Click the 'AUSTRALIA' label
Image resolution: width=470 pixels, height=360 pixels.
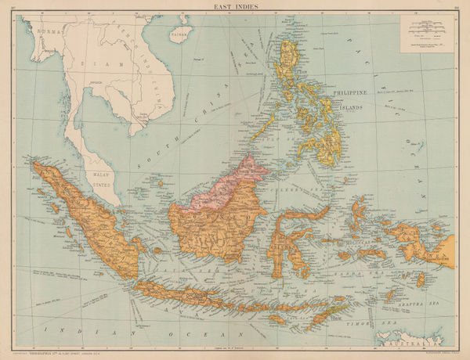coord(407,342)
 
